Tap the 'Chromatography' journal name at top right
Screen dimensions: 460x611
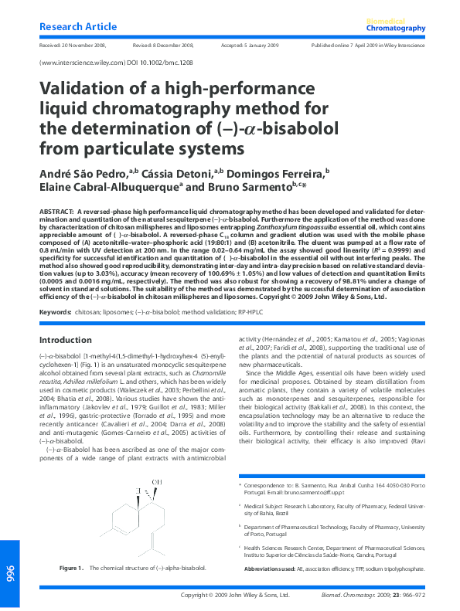click(x=396, y=29)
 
